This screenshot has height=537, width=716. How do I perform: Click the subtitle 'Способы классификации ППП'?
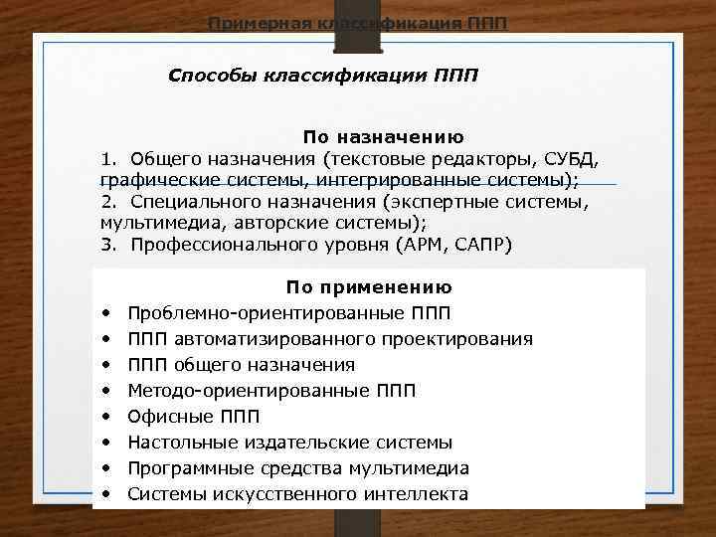(323, 77)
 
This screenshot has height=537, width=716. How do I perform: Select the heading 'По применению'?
(369, 287)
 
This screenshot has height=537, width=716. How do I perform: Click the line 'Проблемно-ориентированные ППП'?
(288, 313)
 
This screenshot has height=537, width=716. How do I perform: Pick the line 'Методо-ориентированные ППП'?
(272, 391)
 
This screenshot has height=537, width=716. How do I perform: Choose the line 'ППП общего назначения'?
(241, 365)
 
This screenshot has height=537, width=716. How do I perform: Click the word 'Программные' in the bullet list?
(183, 468)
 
